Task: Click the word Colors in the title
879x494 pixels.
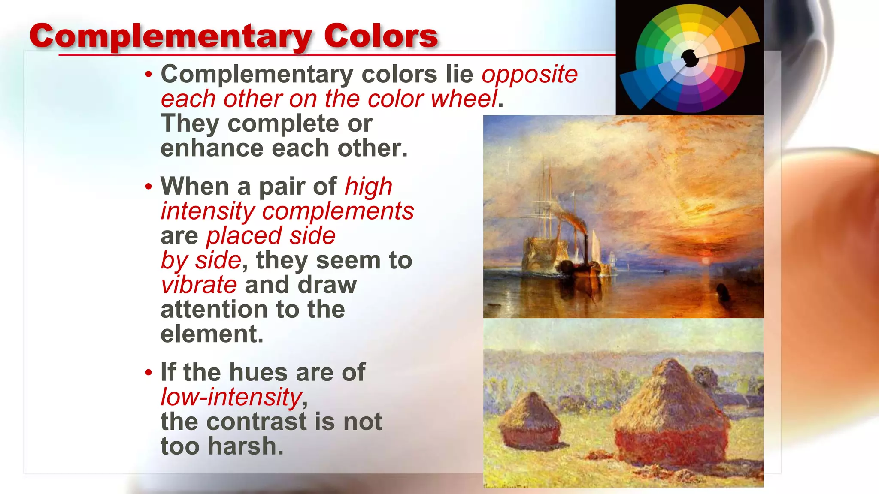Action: coord(380,36)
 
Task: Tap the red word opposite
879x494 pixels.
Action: coord(530,75)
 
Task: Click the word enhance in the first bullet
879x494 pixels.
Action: coord(212,148)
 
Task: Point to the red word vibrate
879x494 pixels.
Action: coord(199,285)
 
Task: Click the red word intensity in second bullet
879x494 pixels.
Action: coord(208,211)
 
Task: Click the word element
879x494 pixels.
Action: coord(212,334)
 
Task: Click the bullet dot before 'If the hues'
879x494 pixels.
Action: coord(149,372)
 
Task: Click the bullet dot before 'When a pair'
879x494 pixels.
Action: coord(149,187)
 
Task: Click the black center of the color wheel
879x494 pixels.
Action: coord(690,58)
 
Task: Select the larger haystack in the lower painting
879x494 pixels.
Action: coord(672,416)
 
